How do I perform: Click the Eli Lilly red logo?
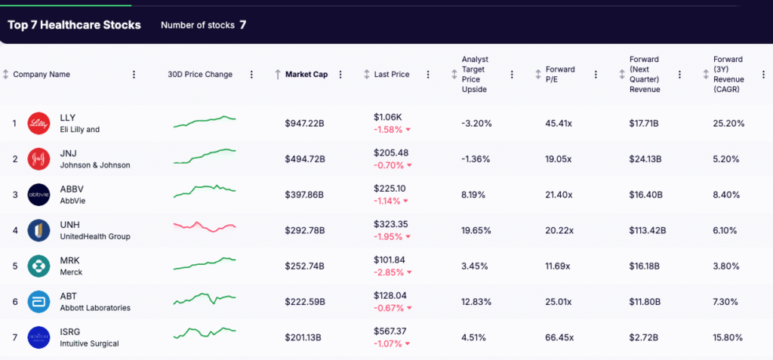[38, 124]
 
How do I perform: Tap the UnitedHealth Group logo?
[38, 230]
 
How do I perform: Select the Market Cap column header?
[306, 75]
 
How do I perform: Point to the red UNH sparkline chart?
[205, 226]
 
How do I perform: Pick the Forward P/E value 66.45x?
[559, 337]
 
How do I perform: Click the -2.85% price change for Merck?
[390, 272]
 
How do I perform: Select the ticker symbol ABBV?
[72, 189]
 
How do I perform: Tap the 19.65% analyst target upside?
[476, 230]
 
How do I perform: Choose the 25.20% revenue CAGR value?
[728, 124]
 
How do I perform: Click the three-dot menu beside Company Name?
[134, 75]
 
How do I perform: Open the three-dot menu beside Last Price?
[428, 75]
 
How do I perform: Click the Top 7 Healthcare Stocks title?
[74, 25]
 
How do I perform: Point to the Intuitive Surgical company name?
[89, 343]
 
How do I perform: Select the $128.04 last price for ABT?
[390, 296]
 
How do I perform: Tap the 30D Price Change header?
[200, 75]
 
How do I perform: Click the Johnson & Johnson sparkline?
[205, 155]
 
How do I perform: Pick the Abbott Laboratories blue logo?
[38, 301]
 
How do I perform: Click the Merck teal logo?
[38, 266]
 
